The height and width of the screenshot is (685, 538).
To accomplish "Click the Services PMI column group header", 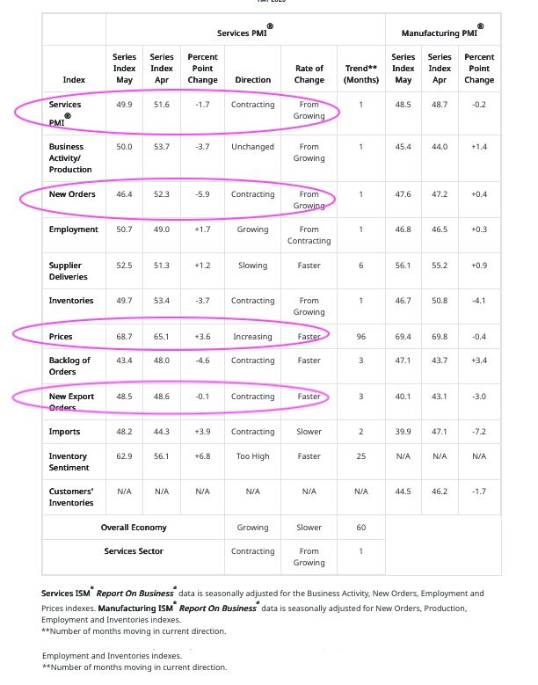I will [x=244, y=33].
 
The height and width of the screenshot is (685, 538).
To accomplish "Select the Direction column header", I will [x=252, y=80].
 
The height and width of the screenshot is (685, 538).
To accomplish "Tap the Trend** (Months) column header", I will [x=360, y=74].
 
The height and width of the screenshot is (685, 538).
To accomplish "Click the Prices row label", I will [x=62, y=337].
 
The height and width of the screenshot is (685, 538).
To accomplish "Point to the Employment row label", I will [x=74, y=230].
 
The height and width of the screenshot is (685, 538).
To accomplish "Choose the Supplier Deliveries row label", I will [x=69, y=271].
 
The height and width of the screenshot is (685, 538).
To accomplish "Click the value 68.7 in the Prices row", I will [x=124, y=337].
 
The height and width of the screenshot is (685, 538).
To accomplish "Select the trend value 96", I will [x=360, y=337].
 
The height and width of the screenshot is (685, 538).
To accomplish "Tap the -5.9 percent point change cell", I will [x=202, y=194].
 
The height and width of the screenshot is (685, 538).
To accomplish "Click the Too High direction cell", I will [x=252, y=456].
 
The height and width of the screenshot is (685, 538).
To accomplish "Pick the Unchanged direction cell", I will [x=252, y=147].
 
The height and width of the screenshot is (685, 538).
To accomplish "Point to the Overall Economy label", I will [x=134, y=528].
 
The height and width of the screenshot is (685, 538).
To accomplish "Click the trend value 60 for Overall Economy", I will [x=360, y=528].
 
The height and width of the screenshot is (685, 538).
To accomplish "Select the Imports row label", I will [x=64, y=432].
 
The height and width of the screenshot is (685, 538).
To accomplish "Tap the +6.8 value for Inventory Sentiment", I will [x=202, y=456].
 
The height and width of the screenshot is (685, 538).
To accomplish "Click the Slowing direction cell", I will [x=252, y=266].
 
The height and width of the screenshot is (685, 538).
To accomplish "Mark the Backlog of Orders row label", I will [x=69, y=366].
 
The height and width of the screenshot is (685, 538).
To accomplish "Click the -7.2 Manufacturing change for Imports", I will [x=479, y=432].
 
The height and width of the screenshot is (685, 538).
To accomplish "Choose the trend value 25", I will [x=360, y=456].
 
